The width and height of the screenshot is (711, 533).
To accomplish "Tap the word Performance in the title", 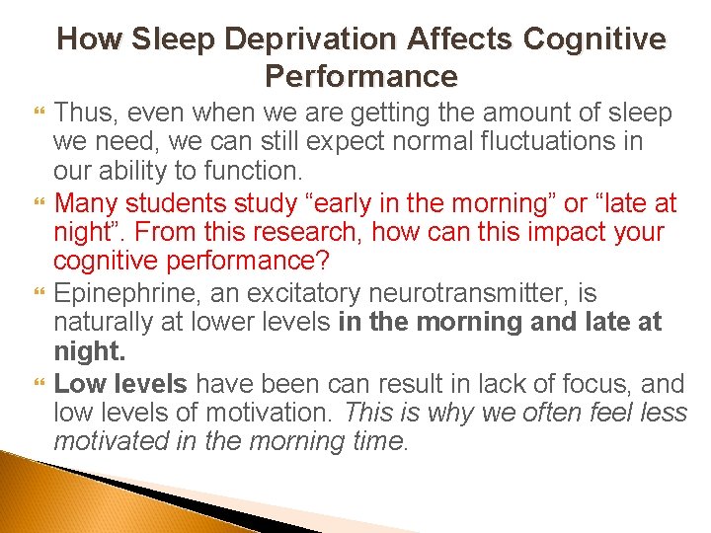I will (x=361, y=76).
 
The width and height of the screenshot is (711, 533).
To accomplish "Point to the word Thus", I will (x=83, y=114).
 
